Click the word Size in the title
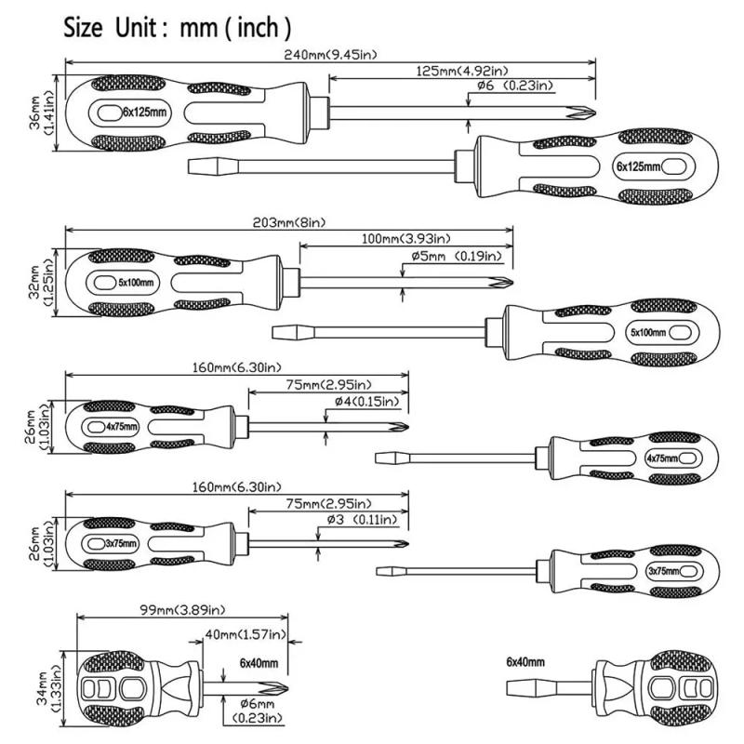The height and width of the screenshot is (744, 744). [85, 27]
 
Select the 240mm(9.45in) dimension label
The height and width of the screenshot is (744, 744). [332, 55]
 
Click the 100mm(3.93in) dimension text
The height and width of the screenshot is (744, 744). [404, 240]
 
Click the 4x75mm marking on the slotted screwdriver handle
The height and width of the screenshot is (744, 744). [663, 458]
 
